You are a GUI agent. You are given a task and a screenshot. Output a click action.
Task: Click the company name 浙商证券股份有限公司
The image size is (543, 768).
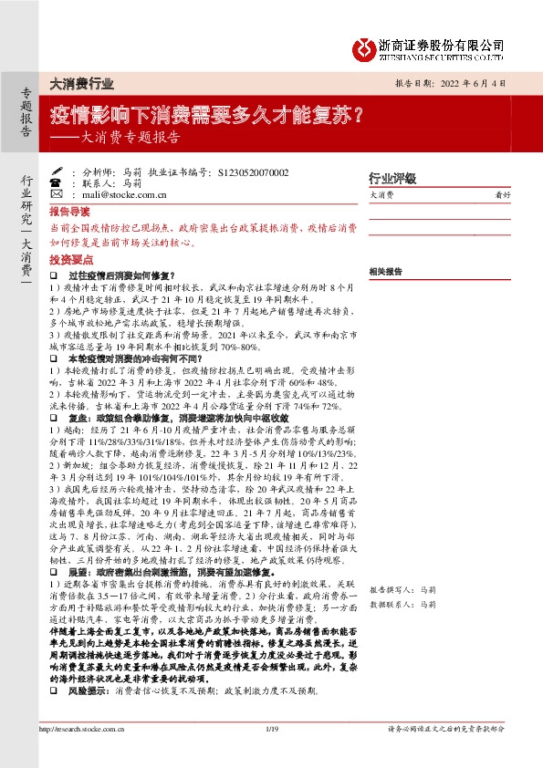(442, 43)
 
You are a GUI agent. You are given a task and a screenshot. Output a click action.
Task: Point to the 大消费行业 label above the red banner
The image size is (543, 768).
(81, 83)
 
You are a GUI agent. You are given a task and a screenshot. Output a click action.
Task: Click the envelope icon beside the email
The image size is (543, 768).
(56, 194)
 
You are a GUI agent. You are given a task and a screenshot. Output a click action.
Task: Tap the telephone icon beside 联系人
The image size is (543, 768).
(56, 182)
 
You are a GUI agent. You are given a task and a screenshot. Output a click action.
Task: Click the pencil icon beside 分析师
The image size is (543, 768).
(56, 171)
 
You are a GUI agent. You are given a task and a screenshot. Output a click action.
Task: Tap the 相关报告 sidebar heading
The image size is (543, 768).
(385, 272)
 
